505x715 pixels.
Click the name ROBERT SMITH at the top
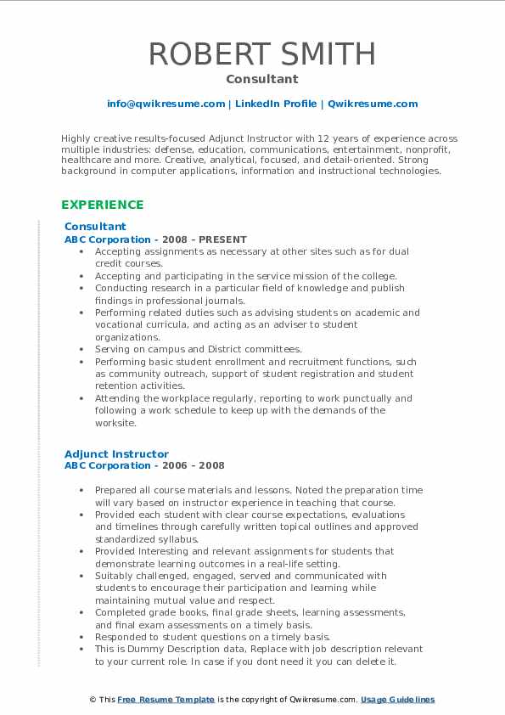pyautogui.click(x=261, y=53)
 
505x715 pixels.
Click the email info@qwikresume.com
pyautogui.click(x=166, y=104)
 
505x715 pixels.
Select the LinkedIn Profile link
pyautogui.click(x=276, y=104)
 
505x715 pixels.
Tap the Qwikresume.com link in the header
pyautogui.click(x=373, y=104)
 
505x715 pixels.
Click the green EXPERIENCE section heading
pyautogui.click(x=103, y=205)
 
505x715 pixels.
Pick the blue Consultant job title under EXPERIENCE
pyautogui.click(x=95, y=227)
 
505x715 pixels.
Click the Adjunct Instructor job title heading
pyautogui.click(x=116, y=454)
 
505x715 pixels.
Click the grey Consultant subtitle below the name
pyautogui.click(x=261, y=79)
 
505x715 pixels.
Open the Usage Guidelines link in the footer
pyautogui.click(x=397, y=700)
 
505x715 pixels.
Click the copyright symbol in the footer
pyautogui.click(x=93, y=700)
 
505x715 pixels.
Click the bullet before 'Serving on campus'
pyautogui.click(x=80, y=349)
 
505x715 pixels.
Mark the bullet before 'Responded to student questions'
pyautogui.click(x=80, y=637)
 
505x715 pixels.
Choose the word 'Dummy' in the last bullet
pyautogui.click(x=143, y=649)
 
